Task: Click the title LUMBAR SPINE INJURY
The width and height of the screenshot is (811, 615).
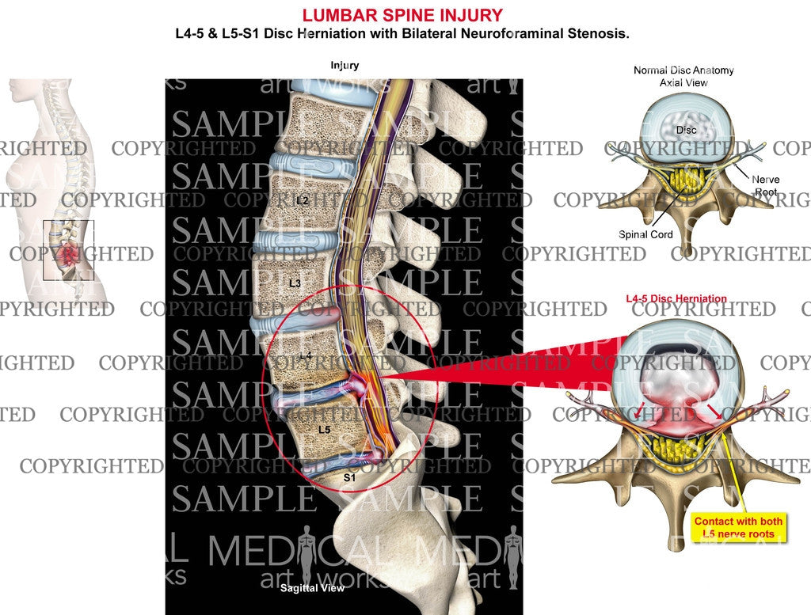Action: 402,15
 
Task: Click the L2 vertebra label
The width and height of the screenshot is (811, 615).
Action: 302,201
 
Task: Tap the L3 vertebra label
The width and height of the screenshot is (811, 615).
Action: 295,283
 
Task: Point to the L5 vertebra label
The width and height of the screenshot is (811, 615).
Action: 323,428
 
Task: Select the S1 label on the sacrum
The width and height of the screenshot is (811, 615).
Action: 349,477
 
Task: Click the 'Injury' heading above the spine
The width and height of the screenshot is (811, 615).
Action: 345,66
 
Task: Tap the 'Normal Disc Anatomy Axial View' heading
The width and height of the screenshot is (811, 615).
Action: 683,76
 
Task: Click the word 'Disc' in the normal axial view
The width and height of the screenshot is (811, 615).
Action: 686,129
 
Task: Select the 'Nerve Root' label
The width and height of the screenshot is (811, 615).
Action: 765,185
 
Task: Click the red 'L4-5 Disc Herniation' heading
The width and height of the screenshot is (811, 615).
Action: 676,298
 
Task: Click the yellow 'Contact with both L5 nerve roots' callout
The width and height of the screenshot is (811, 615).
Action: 738,527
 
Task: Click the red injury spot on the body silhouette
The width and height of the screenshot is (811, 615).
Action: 69,255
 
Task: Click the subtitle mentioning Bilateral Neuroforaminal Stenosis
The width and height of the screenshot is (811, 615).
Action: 402,35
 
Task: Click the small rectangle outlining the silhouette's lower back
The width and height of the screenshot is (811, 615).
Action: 69,250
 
